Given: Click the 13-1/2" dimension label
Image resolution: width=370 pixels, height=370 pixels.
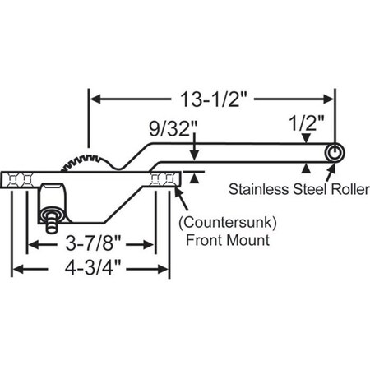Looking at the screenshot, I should (x=213, y=100).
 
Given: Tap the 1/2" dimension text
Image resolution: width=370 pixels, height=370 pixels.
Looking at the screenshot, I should (x=306, y=128).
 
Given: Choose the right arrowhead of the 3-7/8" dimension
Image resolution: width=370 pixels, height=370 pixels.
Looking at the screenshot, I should (x=149, y=245).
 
